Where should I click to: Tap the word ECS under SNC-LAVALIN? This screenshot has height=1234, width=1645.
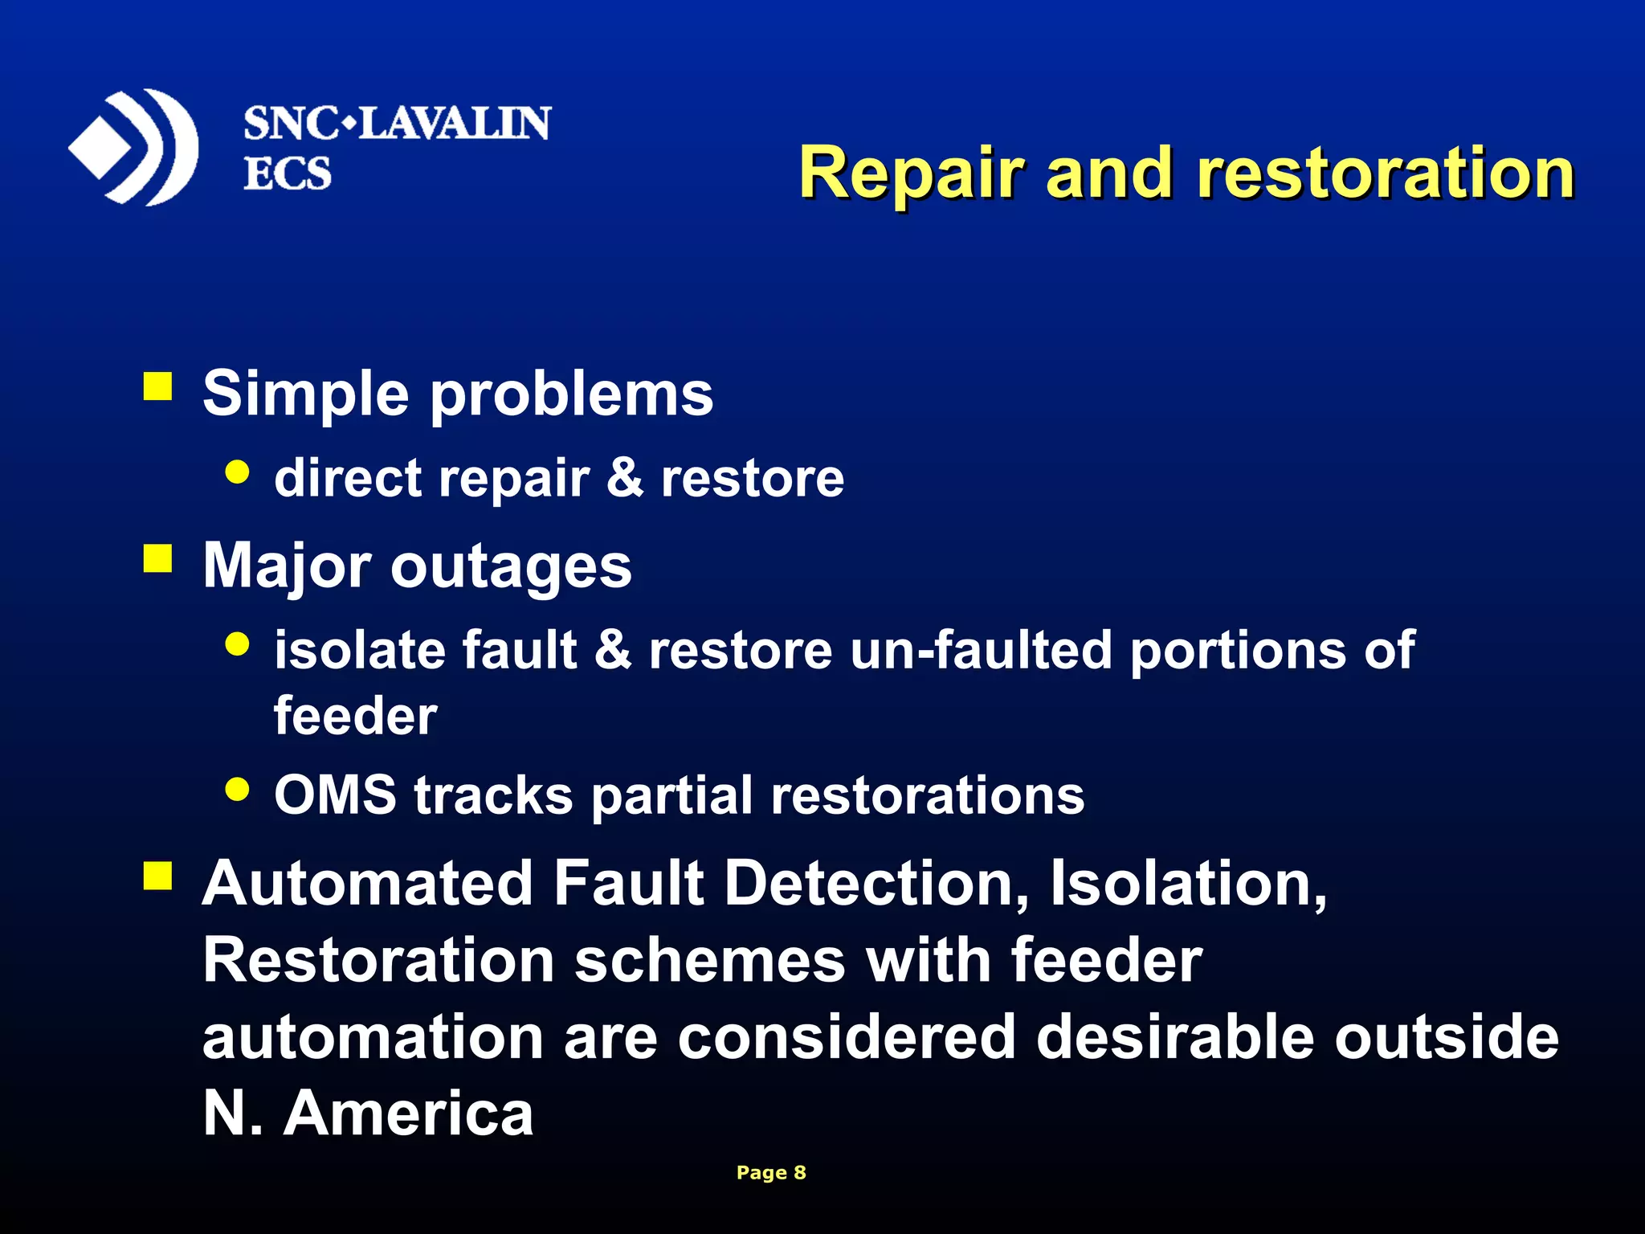point(287,174)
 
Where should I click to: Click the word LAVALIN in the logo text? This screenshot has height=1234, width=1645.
point(454,124)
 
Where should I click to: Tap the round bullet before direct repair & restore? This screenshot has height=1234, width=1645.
point(238,472)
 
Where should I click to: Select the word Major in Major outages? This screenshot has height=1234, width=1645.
point(286,566)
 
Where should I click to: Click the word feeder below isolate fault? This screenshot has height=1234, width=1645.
point(355,715)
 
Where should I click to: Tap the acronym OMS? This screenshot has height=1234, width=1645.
point(335,795)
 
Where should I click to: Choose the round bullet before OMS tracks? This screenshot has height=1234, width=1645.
point(238,789)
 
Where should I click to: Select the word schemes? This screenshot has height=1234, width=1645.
point(710,961)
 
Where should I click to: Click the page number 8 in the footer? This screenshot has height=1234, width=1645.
point(799,1172)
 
